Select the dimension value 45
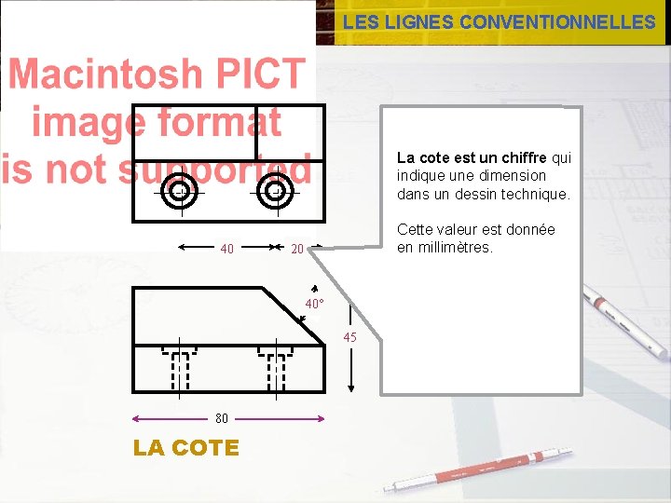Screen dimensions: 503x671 [x=349, y=337]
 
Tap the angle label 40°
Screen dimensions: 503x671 [x=316, y=305]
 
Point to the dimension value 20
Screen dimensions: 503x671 [x=297, y=249]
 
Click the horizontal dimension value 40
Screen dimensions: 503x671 [x=226, y=249]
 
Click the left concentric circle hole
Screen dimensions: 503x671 [x=179, y=193]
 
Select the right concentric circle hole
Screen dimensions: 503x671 [x=275, y=192]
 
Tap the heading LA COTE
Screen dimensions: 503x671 [x=186, y=448]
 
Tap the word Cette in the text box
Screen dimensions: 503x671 [x=416, y=229]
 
